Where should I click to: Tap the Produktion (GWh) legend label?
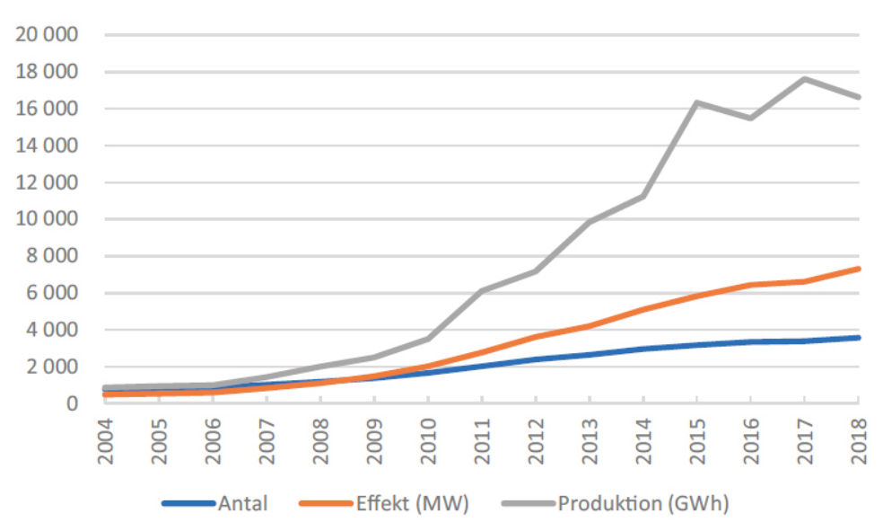coord(643,503)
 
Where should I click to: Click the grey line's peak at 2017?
coord(805,78)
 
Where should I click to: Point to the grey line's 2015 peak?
coord(697,102)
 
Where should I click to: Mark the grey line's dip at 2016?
coord(751,118)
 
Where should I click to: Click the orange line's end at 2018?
coord(859,269)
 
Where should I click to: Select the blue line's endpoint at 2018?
coord(859,338)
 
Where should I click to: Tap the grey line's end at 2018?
coord(859,97)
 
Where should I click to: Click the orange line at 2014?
coord(643,310)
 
